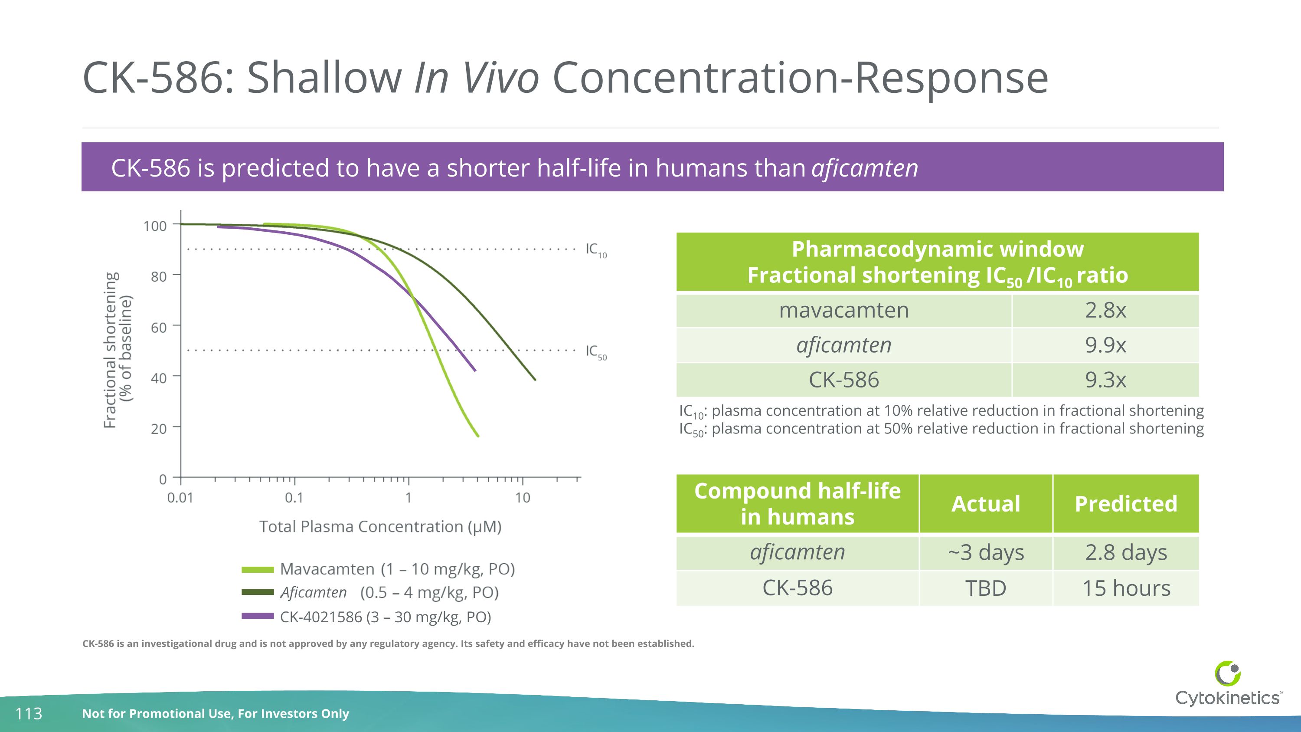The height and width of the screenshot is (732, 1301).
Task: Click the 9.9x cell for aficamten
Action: pyautogui.click(x=1105, y=345)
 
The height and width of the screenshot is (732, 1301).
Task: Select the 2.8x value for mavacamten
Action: pyautogui.click(x=1105, y=310)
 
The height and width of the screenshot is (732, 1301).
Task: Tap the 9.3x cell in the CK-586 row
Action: pyautogui.click(x=1105, y=380)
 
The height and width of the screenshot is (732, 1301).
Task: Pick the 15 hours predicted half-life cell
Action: pyautogui.click(x=1126, y=588)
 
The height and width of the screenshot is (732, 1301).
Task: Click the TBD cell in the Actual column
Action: pyautogui.click(x=985, y=588)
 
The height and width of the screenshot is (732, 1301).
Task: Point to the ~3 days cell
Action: pyautogui.click(x=985, y=552)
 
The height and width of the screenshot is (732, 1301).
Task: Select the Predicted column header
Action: pyautogui.click(x=1126, y=504)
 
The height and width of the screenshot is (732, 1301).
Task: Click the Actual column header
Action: pyautogui.click(x=985, y=504)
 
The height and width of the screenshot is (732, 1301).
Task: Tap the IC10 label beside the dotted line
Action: pyautogui.click(x=595, y=249)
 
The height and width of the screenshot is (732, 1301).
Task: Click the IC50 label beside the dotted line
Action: pyautogui.click(x=595, y=351)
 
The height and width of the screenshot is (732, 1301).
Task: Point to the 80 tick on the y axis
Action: pyautogui.click(x=159, y=277)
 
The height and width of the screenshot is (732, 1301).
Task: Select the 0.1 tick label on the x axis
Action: pyautogui.click(x=294, y=498)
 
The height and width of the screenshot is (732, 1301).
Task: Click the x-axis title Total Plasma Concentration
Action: pyautogui.click(x=380, y=526)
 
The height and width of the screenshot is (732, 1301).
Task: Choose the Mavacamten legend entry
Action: pyautogui.click(x=397, y=569)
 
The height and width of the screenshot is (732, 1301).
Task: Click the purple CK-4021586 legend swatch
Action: pyautogui.click(x=258, y=616)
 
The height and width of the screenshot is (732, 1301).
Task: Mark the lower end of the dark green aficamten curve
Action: pyautogui.click(x=534, y=379)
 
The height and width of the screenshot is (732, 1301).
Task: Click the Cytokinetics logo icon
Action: pyautogui.click(x=1227, y=673)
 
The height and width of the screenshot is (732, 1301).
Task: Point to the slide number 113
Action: pyautogui.click(x=29, y=713)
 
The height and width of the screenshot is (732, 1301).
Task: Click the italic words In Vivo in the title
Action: pyautogui.click(x=476, y=78)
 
